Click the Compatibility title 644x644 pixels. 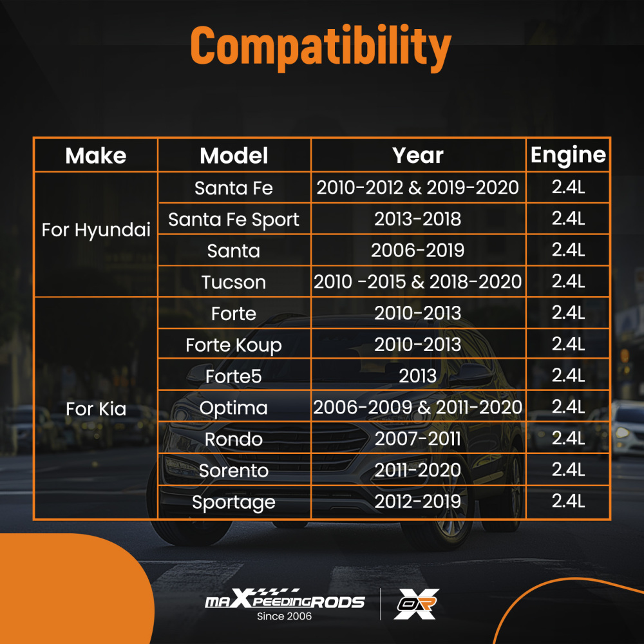(321, 46)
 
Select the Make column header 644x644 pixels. (96, 155)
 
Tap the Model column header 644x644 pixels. (234, 155)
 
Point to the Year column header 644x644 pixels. (418, 155)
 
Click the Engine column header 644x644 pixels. (568, 155)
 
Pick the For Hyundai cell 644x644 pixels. (96, 230)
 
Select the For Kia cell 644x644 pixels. (96, 409)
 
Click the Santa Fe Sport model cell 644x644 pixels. (234, 219)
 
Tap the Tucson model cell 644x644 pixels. (234, 282)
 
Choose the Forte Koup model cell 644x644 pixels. (234, 345)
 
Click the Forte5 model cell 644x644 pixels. (234, 376)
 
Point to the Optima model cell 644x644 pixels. (234, 408)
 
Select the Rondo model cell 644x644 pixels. (234, 439)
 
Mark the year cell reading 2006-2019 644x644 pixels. (418, 251)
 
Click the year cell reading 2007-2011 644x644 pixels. (418, 439)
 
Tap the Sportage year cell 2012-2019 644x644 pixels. (418, 502)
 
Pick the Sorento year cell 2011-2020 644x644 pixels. (418, 471)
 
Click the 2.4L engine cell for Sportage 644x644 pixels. (568, 502)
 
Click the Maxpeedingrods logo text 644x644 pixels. (285, 601)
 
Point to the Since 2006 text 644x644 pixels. (284, 616)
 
